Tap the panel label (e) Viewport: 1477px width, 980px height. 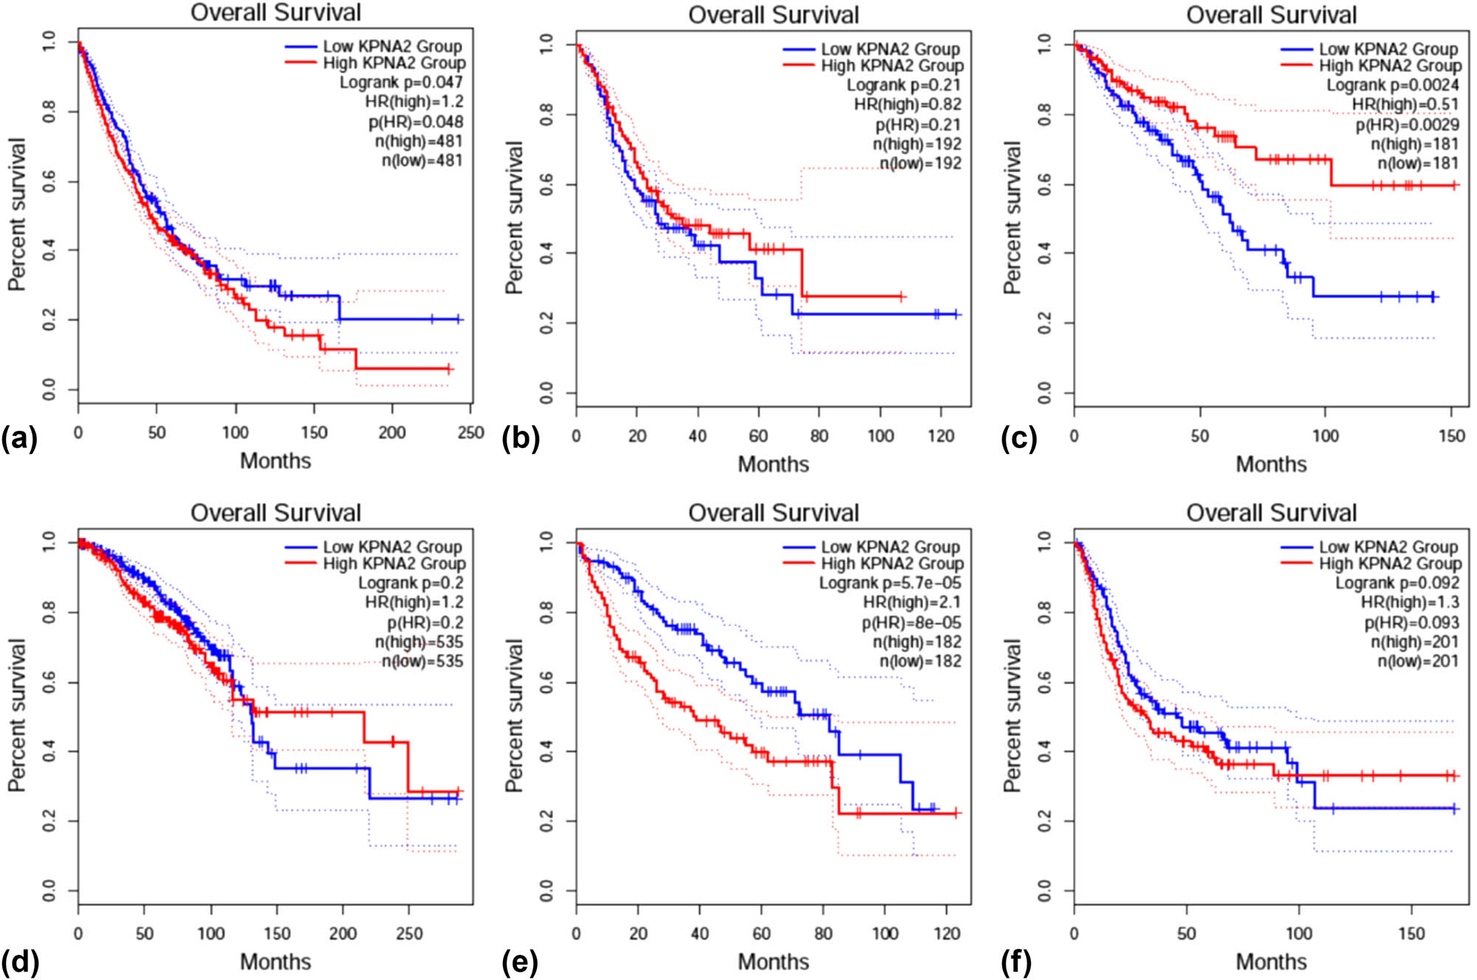[518, 962]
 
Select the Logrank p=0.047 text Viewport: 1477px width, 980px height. [401, 82]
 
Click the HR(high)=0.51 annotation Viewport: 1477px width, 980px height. [1405, 105]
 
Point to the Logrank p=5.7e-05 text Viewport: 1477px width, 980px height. [890, 583]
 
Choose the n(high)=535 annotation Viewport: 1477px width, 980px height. [419, 642]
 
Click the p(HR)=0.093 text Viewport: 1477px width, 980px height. [1411, 623]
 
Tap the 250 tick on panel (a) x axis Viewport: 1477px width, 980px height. [470, 432]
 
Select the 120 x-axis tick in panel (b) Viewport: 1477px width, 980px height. [940, 435]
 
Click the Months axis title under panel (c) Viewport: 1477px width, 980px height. [1271, 464]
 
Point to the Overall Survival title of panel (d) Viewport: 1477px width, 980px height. [275, 513]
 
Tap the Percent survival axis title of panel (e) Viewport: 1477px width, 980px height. [514, 716]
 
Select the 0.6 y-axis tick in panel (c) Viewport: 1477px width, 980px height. [1044, 184]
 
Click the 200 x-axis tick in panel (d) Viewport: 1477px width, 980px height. [343, 934]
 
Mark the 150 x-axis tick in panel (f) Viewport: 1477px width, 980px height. [1411, 934]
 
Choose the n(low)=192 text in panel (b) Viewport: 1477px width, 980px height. [920, 163]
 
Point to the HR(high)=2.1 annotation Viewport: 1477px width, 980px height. [912, 603]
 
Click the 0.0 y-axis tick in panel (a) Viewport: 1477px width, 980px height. [48, 389]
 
